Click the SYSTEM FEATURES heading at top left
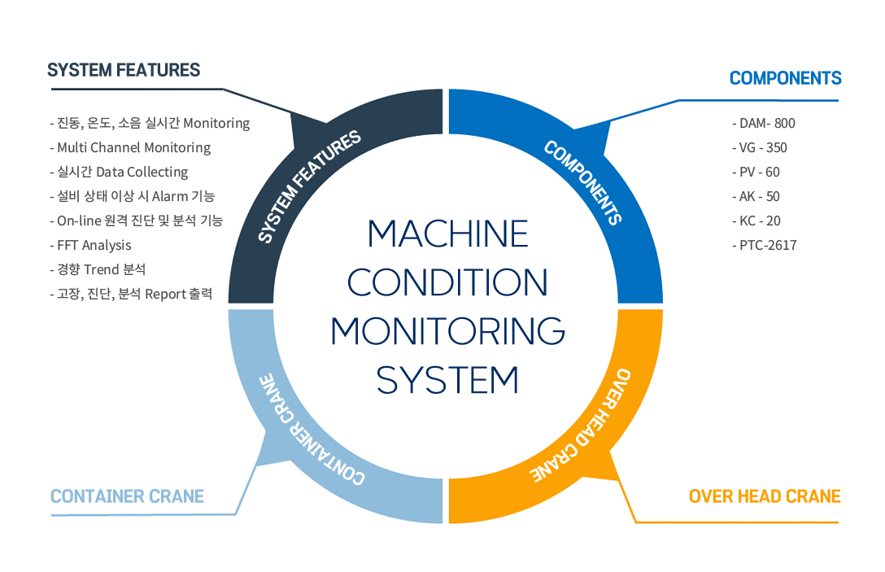pyautogui.click(x=124, y=70)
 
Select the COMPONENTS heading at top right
pyautogui.click(x=785, y=78)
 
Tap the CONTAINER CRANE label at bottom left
pyautogui.click(x=127, y=496)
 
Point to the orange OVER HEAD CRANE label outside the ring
pyautogui.click(x=765, y=496)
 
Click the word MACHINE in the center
pyautogui.click(x=448, y=234)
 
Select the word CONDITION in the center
pyautogui.click(x=447, y=282)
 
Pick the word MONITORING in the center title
pyautogui.click(x=447, y=331)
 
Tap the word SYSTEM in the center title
pyautogui.click(x=447, y=380)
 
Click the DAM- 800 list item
pyautogui.click(x=764, y=123)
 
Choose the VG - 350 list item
pyautogui.click(x=760, y=147)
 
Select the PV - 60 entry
pyautogui.click(x=756, y=172)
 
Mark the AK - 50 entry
pyautogui.click(x=756, y=196)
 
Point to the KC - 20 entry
pyautogui.click(x=756, y=221)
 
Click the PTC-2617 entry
pyautogui.click(x=765, y=245)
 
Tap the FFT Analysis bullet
pyautogui.click(x=90, y=245)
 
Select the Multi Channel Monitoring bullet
pyautogui.click(x=130, y=147)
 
